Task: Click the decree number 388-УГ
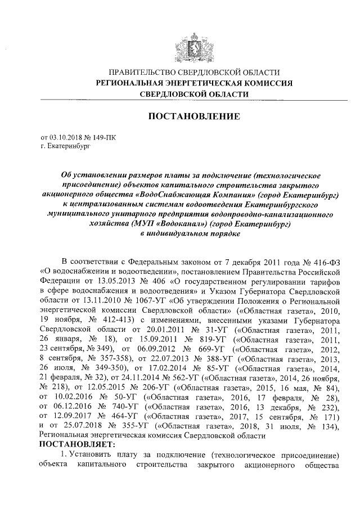210,361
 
